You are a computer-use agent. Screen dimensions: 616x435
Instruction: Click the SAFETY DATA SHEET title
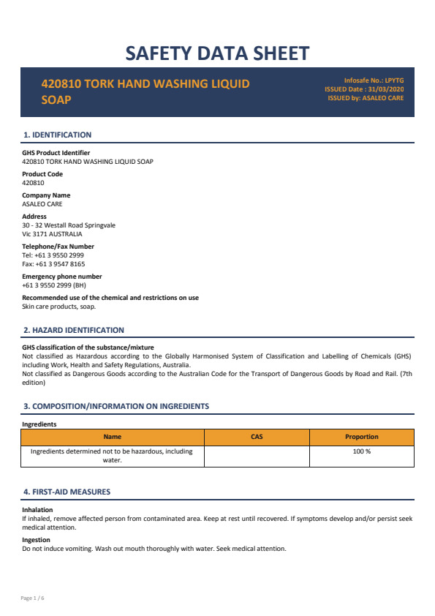tap(217, 53)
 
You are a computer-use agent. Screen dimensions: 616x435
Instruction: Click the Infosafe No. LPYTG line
tap(374, 80)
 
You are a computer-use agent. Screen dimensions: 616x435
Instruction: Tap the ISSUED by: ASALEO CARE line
tap(366, 97)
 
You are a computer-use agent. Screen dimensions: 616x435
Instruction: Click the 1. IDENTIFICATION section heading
tap(58, 135)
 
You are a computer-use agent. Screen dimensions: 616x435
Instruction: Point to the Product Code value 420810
tap(33, 183)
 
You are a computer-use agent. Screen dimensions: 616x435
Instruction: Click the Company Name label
tap(46, 195)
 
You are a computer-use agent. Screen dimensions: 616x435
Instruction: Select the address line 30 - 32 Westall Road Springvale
tap(69, 225)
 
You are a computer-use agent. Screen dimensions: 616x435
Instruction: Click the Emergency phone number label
tap(62, 277)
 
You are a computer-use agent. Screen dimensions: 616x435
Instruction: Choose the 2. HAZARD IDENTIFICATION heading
tap(74, 330)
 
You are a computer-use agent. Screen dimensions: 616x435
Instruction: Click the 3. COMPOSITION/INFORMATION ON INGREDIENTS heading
tap(116, 406)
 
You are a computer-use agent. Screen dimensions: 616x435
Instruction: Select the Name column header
tap(113, 437)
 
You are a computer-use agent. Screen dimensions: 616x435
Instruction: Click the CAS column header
tap(257, 437)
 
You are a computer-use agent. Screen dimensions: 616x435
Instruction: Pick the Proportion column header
tap(361, 437)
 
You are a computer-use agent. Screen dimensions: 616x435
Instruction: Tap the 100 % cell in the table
tap(361, 451)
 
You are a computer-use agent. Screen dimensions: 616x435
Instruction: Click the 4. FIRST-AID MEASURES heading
tap(67, 492)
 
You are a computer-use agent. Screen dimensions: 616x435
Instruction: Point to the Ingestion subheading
tap(37, 540)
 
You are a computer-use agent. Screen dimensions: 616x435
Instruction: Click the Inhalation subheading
tap(37, 510)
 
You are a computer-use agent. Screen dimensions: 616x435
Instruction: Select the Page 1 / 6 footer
tap(33, 598)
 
